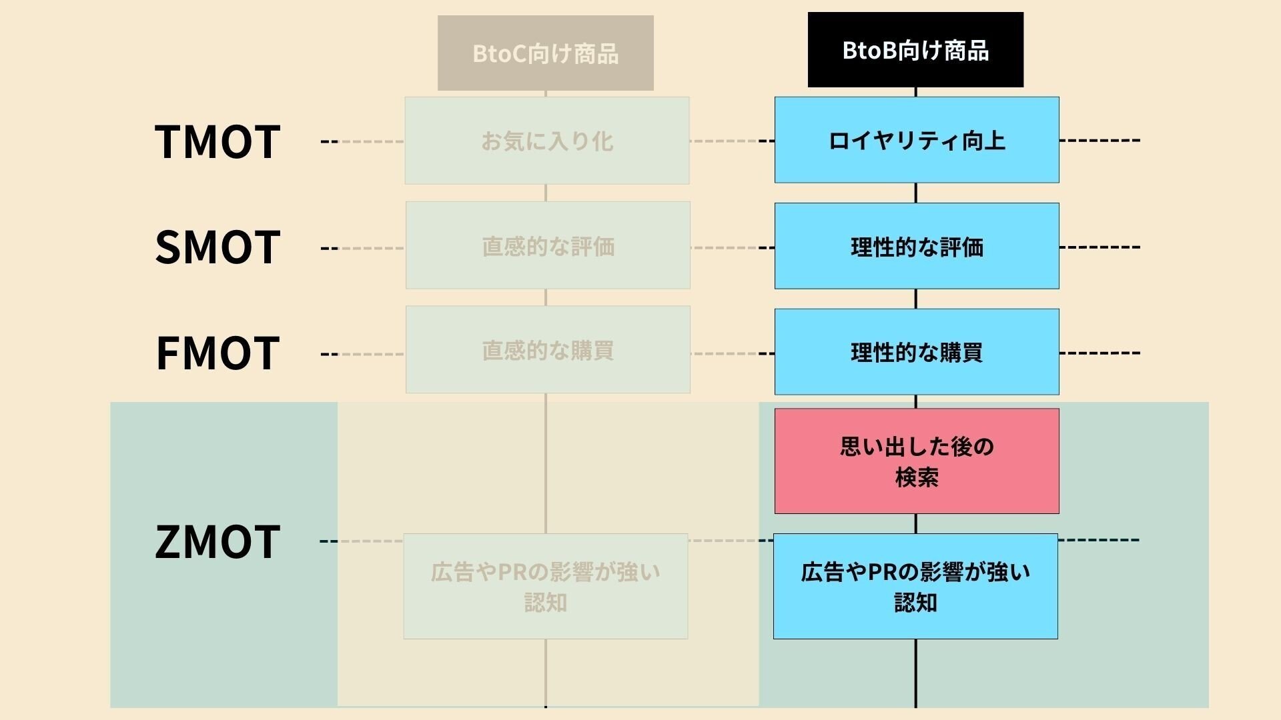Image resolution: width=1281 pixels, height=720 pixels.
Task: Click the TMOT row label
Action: [218, 142]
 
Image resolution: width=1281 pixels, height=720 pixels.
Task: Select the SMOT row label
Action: [218, 247]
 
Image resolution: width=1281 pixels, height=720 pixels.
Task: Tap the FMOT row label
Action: [218, 353]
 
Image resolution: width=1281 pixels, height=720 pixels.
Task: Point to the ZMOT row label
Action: [218, 541]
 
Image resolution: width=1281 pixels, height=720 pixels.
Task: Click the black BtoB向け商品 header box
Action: [915, 50]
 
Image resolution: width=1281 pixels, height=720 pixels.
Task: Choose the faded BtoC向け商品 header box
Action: [546, 53]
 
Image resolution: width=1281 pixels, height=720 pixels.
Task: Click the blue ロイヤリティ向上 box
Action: [917, 140]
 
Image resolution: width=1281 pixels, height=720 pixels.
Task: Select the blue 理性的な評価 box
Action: [917, 246]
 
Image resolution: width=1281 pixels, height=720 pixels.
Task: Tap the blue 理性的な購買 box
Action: [917, 351]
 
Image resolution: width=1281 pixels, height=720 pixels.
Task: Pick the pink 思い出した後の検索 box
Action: [917, 461]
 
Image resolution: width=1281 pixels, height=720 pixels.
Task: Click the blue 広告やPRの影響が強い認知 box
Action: [915, 586]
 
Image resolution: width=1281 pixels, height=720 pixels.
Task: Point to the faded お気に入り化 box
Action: [547, 141]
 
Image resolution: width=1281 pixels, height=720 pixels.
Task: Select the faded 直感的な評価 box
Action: [548, 245]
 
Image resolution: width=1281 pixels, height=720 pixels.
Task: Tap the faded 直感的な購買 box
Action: [548, 349]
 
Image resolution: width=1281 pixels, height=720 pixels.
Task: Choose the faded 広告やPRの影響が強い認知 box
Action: [546, 586]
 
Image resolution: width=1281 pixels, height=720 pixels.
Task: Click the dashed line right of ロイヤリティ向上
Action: [1100, 141]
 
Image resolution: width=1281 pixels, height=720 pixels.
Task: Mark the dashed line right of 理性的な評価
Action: [1100, 247]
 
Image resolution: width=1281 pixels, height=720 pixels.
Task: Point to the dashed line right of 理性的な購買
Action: [1100, 353]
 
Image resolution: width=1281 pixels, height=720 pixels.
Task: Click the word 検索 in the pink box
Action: [917, 477]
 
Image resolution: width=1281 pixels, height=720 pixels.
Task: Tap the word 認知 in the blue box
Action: [915, 603]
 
